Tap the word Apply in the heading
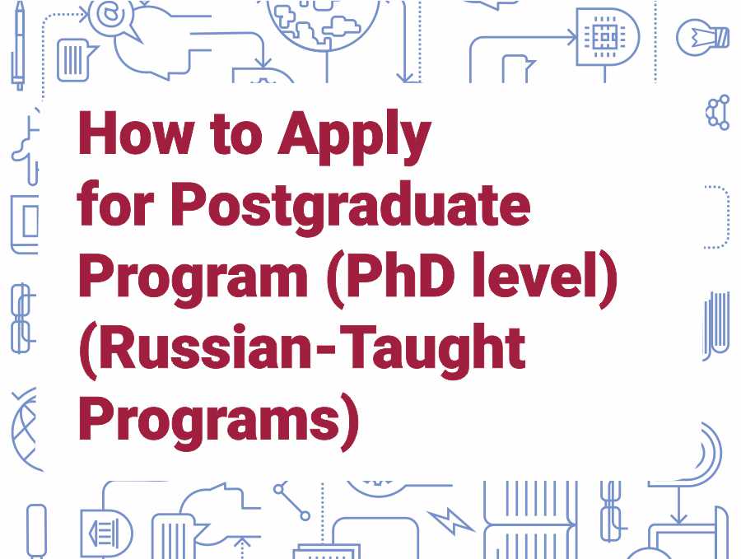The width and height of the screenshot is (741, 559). [x=354, y=137]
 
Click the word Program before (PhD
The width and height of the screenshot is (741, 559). [x=193, y=279]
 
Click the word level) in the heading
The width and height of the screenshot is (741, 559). [x=544, y=279]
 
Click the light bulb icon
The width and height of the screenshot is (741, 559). [x=703, y=37]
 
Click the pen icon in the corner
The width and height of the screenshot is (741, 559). [x=19, y=45]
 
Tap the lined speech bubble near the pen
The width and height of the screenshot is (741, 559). [x=76, y=60]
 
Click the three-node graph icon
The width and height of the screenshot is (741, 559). [x=718, y=113]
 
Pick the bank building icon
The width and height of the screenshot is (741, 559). [x=106, y=533]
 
